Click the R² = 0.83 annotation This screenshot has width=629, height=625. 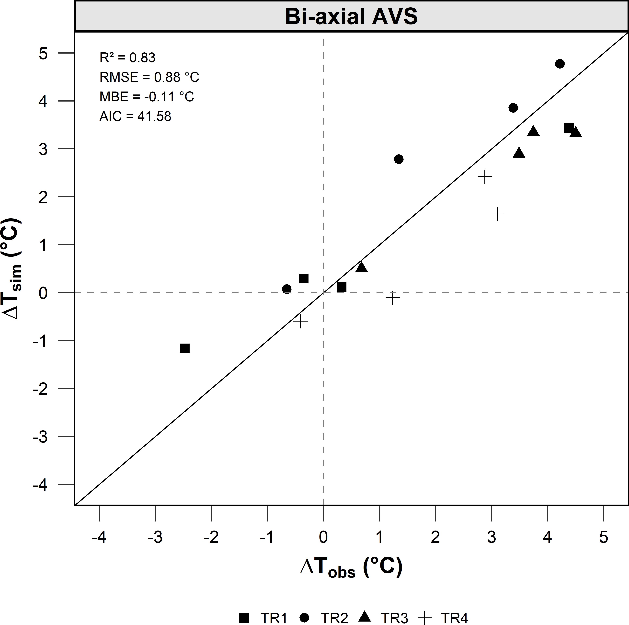click(127, 58)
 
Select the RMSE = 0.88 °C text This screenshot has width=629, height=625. click(149, 77)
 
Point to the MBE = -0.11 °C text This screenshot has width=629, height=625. click(147, 97)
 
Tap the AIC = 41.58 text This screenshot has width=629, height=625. click(135, 116)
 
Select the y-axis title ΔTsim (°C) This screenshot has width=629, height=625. click(12, 269)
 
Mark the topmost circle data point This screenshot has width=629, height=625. click(560, 64)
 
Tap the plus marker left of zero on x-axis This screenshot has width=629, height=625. click(300, 322)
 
